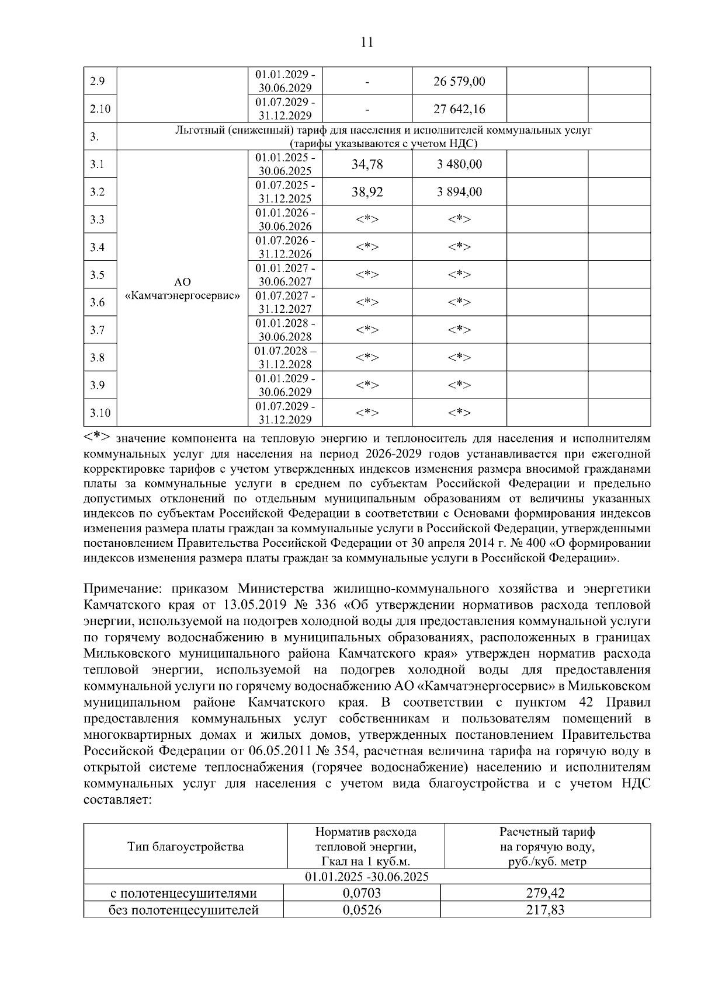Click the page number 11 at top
click(x=367, y=42)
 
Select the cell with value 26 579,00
click(x=459, y=82)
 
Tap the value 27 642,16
click(x=459, y=109)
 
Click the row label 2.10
click(x=100, y=109)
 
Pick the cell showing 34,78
click(x=367, y=165)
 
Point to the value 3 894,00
click(x=459, y=192)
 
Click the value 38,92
click(x=367, y=192)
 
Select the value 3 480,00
click(x=459, y=165)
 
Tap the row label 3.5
click(x=98, y=275)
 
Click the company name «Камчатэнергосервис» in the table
click(x=183, y=295)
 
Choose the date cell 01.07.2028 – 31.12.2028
click(x=285, y=358)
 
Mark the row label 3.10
click(x=100, y=413)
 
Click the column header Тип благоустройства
click(x=186, y=846)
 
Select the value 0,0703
click(x=362, y=893)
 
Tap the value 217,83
click(x=545, y=909)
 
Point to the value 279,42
click(x=545, y=893)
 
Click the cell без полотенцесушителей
click(x=184, y=909)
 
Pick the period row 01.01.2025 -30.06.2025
click(x=367, y=877)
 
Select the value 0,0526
click(x=362, y=909)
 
